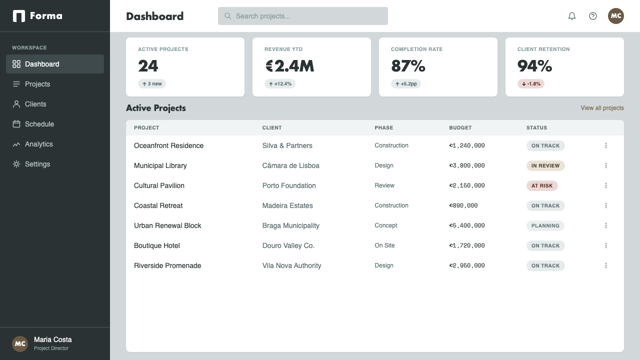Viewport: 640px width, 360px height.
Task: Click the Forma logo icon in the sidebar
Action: pos(19,16)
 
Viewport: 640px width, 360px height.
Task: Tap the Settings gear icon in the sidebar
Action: pos(16,164)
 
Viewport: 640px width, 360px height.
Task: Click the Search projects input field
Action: pos(303,16)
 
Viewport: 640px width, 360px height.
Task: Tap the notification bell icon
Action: pos(571,16)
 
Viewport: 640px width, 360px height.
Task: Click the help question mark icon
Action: pos(593,16)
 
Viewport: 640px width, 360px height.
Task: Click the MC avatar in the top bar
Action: pos(615,16)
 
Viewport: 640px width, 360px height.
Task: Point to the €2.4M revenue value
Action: pos(289,66)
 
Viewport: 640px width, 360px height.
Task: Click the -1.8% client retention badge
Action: pos(531,83)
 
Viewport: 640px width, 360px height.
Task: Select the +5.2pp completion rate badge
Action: pos(405,83)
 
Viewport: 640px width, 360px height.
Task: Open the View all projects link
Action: pos(602,108)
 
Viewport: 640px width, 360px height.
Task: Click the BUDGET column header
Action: pos(460,127)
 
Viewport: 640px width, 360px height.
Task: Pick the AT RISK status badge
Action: pos(542,185)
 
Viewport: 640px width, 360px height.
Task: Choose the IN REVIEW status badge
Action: pos(545,165)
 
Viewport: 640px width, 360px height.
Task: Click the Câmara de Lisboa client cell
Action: pos(290,165)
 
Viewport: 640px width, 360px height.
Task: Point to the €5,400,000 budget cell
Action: pos(467,225)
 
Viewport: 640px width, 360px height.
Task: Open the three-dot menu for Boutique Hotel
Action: pos(605,245)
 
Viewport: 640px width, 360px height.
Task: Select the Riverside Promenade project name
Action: pos(167,265)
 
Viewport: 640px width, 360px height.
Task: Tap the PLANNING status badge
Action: pos(545,225)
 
